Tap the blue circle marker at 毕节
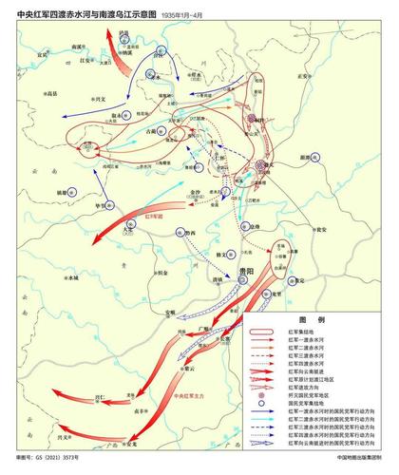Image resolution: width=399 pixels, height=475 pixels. (112, 205)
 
